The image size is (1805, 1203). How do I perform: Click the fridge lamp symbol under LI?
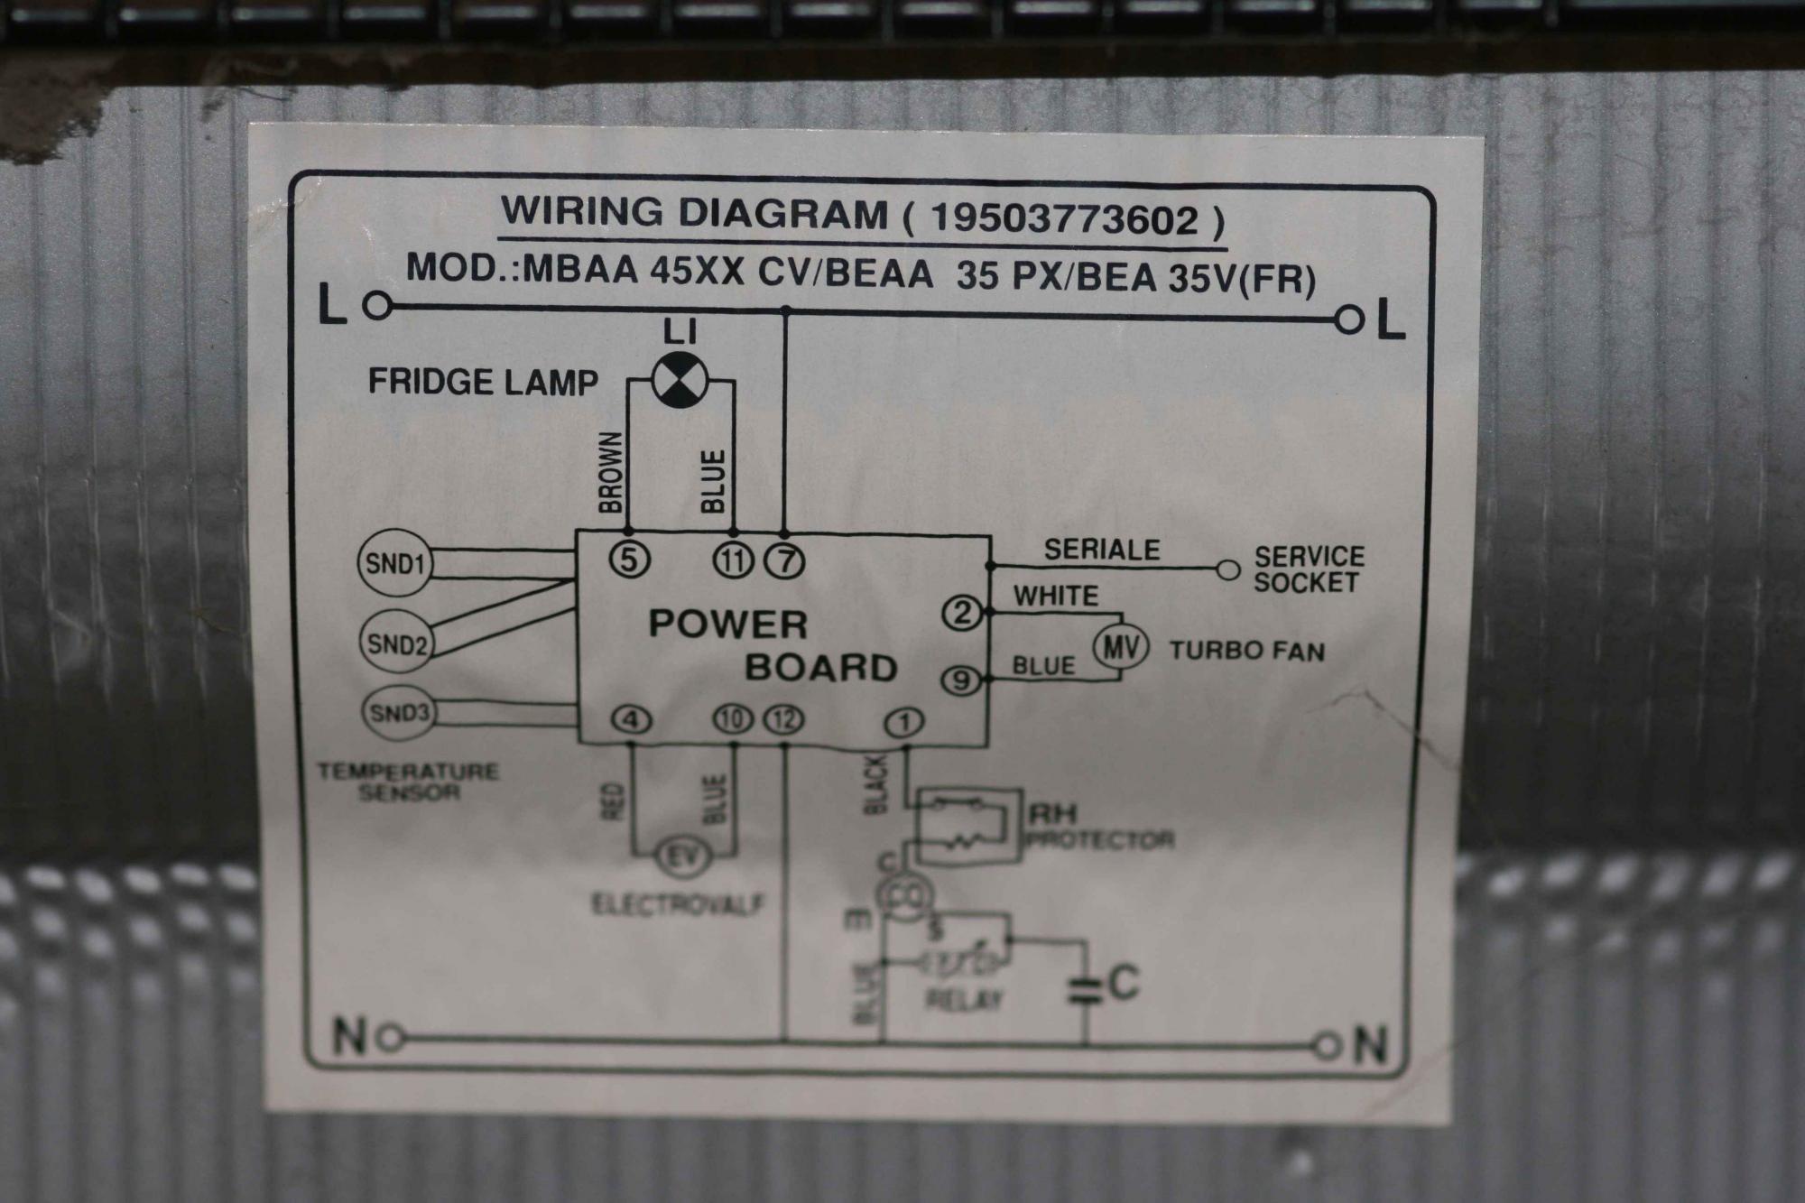677,380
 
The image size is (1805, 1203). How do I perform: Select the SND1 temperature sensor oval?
395,564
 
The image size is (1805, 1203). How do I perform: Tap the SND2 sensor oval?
396,643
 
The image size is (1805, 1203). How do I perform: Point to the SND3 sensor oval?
398,713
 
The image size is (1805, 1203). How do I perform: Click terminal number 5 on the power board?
629,560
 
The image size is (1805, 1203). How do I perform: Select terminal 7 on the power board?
784,561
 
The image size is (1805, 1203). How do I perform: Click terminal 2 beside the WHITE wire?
962,614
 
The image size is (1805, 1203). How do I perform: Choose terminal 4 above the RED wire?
632,719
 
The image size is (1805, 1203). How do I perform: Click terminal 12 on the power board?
783,719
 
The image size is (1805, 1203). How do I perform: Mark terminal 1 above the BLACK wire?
903,722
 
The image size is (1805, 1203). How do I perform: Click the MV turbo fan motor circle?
1120,647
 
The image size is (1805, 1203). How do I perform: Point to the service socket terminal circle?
1227,570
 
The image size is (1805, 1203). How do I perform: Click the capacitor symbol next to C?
1086,990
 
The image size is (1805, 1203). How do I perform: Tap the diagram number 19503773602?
1064,219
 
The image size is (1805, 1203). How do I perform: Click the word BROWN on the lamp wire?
611,472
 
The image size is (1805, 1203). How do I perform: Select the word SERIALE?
1102,550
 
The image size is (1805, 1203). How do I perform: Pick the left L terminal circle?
379,307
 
